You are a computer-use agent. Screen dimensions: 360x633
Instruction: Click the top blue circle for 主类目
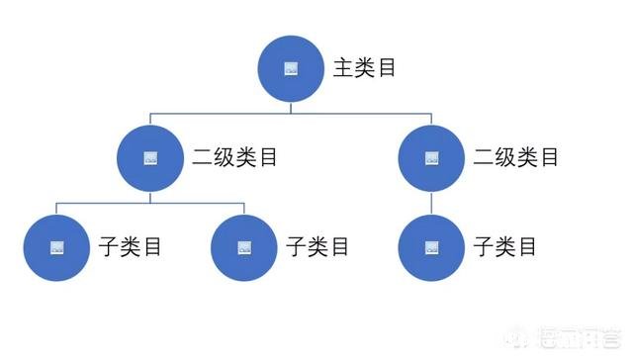(x=291, y=68)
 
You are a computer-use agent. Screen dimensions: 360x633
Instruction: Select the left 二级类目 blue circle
(x=149, y=157)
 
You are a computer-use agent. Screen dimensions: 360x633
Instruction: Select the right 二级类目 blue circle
(x=431, y=157)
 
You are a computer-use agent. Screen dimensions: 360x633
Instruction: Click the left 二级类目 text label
(x=235, y=157)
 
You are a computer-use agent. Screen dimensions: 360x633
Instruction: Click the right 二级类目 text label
(x=515, y=157)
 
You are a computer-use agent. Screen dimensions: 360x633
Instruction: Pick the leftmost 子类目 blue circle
(x=55, y=246)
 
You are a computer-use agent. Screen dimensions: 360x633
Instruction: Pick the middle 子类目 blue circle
(x=244, y=246)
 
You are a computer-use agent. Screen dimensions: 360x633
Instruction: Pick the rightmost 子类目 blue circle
(x=431, y=246)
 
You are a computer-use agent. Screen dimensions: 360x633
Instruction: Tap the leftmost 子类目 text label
(x=131, y=246)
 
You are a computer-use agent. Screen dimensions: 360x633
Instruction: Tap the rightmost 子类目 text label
(x=505, y=246)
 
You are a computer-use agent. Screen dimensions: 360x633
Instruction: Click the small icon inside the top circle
(x=291, y=68)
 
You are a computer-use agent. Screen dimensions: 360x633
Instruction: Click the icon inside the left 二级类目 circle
(x=149, y=157)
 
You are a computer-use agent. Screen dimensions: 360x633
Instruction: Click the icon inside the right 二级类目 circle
(x=431, y=157)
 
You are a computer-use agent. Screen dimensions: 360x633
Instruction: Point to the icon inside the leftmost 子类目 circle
(x=55, y=246)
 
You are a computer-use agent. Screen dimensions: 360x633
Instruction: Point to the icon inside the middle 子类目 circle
(x=244, y=246)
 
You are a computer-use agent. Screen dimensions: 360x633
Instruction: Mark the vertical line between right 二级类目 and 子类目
(x=431, y=202)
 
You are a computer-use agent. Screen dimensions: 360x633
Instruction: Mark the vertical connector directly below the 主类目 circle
(x=291, y=107)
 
